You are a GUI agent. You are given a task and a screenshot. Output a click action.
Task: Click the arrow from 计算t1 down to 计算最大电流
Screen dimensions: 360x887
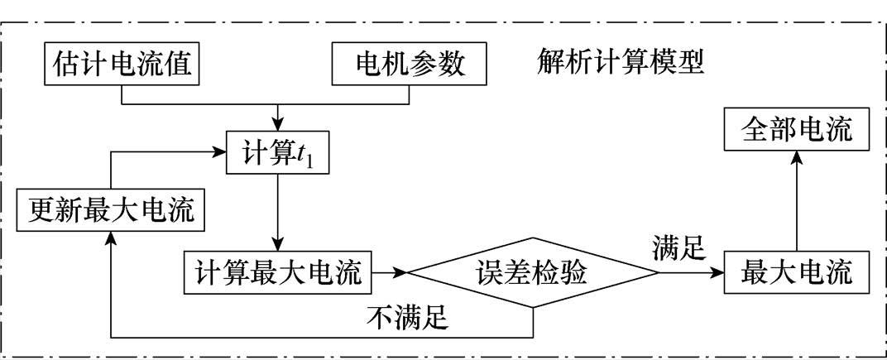click(x=278, y=211)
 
